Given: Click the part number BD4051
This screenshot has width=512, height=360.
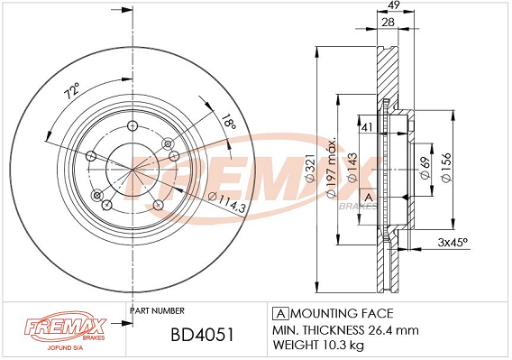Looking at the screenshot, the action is point(203,335).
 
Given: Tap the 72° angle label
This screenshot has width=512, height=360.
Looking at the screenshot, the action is point(71,90).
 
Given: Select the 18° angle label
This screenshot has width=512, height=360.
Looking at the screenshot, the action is point(229,121).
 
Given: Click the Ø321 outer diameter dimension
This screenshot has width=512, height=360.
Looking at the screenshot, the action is point(309,168).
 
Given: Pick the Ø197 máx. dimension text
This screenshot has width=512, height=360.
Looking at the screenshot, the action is point(332,168).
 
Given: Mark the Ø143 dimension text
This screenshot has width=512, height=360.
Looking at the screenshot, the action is point(352,168).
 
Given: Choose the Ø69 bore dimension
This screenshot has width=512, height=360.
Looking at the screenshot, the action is point(425,168).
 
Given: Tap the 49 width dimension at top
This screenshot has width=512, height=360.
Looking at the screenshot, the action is point(394,5).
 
